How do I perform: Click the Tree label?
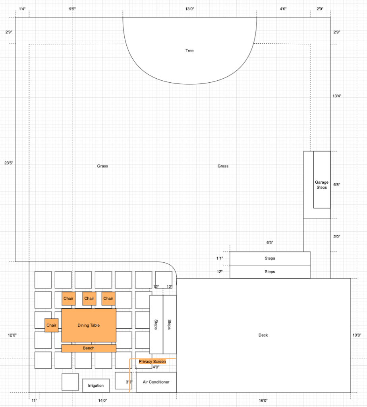pos(189,50)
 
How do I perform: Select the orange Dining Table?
pos(89,325)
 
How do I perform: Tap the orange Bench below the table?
pos(89,348)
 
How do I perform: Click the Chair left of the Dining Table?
pos(51,325)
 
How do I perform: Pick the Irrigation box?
pos(96,386)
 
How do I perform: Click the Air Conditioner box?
pos(156,382)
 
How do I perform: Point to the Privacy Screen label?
pos(152,362)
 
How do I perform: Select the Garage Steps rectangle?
pos(322,180)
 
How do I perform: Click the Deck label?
pos(263,335)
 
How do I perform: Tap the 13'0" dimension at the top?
pos(189,9)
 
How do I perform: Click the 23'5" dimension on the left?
pos(9,163)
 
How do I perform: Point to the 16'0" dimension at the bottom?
pos(263,401)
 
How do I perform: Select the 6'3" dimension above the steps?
pos(270,243)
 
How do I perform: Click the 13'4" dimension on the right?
pos(337,96)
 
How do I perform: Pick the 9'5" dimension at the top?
pos(72,9)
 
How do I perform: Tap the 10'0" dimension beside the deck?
pos(357,335)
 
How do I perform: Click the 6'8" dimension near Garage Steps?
pos(337,184)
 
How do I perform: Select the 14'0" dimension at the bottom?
pos(102,401)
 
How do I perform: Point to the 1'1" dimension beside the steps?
pos(220,258)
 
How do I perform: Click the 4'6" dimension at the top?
pos(283,9)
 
